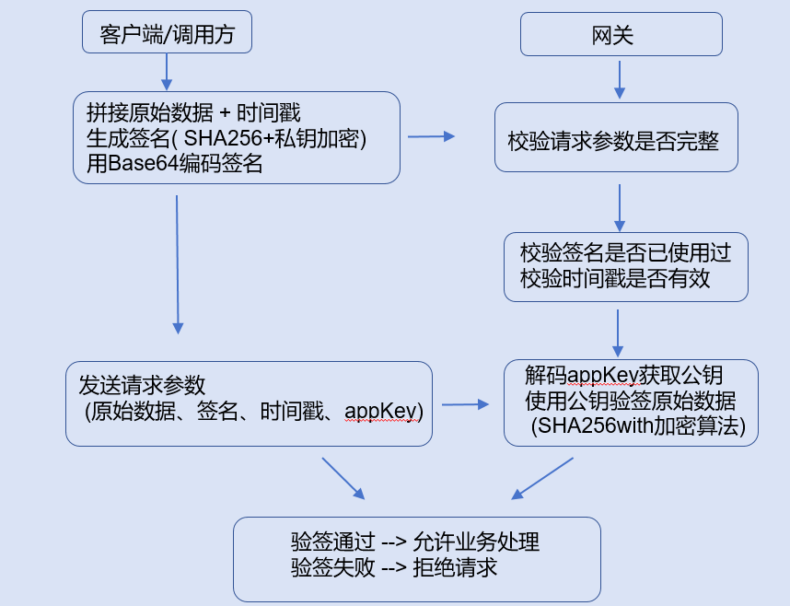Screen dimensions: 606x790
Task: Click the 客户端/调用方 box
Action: (167, 33)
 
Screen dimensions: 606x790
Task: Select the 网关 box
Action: (621, 36)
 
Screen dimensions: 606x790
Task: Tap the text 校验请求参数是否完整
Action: (613, 142)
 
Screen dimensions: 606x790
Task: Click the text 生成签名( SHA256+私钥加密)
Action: (227, 138)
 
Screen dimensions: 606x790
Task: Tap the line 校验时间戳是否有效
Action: (615, 279)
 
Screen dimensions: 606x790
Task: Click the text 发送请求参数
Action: (142, 384)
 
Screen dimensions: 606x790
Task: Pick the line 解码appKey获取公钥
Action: (623, 376)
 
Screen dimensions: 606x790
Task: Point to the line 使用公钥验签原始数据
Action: (630, 402)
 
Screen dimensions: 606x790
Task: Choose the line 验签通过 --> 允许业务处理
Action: (414, 542)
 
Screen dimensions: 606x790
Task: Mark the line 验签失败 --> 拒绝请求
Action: (394, 567)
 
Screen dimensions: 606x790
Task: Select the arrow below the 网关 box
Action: (620, 79)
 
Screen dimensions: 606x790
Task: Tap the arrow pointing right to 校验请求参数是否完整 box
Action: (431, 136)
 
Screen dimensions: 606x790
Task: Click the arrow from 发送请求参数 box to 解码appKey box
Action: (465, 404)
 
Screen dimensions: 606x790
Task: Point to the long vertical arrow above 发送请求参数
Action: (177, 263)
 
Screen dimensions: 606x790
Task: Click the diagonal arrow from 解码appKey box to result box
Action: (542, 479)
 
